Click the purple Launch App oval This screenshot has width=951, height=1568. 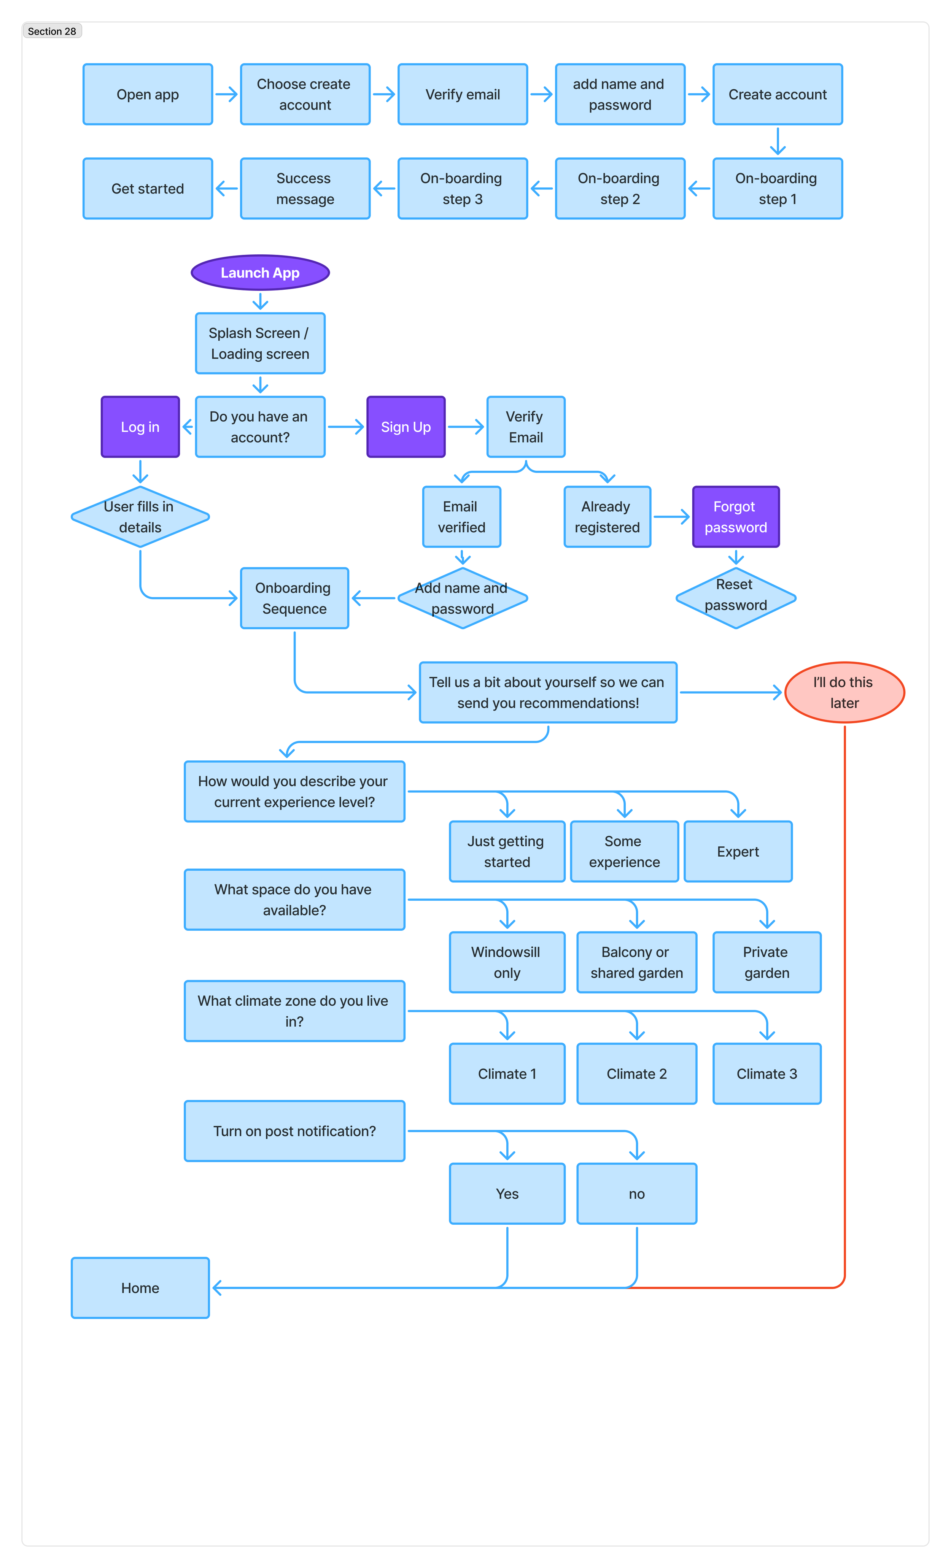(260, 273)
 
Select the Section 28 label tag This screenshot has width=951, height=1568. (52, 31)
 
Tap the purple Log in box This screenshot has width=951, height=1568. (140, 427)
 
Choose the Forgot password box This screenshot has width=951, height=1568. (735, 517)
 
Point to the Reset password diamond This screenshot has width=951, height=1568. (735, 598)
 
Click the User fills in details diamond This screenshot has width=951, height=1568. (140, 517)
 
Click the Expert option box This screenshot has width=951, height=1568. (738, 851)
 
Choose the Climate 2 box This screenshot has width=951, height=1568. (636, 1074)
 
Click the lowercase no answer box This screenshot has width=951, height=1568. (636, 1194)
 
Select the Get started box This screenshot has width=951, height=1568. (148, 188)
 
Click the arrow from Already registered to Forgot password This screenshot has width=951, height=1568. (671, 517)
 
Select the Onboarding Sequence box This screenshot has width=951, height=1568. (294, 598)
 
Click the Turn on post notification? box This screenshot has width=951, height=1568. (294, 1131)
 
